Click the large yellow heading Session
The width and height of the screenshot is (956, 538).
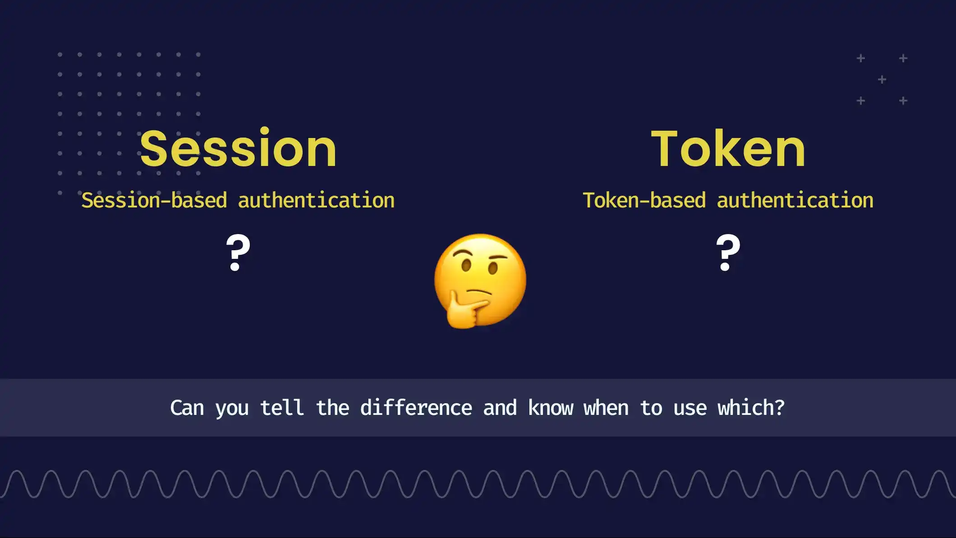238,149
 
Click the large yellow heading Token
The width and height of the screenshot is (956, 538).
728,149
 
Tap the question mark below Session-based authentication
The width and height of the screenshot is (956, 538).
238,253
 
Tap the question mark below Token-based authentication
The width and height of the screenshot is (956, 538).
728,253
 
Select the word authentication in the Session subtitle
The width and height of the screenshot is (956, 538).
316,201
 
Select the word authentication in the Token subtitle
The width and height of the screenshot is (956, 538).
795,201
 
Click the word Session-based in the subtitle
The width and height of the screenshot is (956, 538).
154,201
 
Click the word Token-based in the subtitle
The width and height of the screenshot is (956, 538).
644,201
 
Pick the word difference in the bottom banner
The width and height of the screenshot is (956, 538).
416,408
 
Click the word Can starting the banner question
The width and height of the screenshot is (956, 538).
187,408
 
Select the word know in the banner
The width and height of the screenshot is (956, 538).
550,408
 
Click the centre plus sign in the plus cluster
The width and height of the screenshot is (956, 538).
882,80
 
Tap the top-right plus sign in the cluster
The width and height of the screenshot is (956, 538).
903,59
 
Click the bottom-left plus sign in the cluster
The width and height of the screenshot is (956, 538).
861,101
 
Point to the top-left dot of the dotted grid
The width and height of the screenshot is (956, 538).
60,55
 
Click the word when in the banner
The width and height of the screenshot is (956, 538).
606,408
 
